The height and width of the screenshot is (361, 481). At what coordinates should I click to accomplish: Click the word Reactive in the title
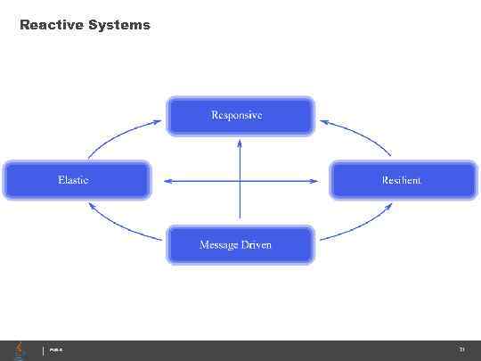coord(52,25)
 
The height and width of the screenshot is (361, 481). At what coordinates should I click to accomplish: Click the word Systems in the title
coord(119,25)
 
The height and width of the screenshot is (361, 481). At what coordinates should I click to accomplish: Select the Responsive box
coord(240,116)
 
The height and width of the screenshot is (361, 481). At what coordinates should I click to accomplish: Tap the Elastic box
coord(76,180)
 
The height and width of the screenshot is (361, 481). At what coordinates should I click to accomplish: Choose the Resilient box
coord(404,180)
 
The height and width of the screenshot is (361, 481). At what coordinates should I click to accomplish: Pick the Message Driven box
coord(240,244)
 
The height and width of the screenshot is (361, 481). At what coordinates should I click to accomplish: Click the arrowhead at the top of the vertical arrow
coord(240,144)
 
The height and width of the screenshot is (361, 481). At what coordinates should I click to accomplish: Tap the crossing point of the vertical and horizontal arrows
coord(240,182)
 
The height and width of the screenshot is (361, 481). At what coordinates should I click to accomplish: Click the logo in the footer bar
coord(20,350)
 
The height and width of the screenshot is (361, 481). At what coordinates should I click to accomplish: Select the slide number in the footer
coord(461,350)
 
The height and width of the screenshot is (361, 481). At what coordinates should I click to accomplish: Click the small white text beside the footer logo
coord(55,351)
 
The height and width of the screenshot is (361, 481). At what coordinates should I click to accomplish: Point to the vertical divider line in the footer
coord(43,350)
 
